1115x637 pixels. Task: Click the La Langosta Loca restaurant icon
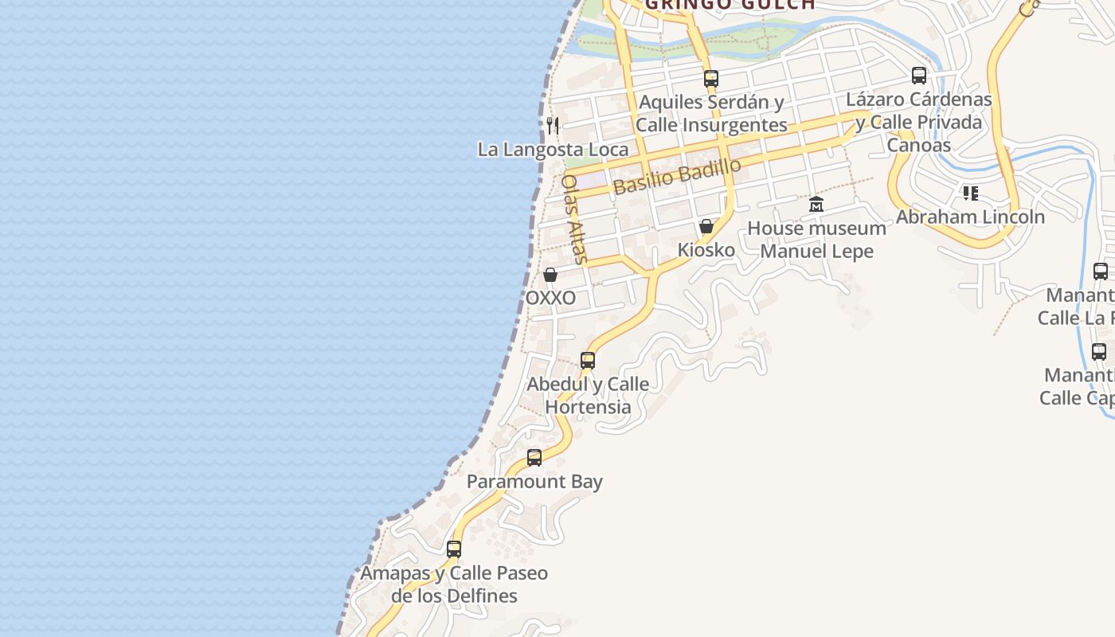click(x=553, y=125)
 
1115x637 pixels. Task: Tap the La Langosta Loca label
click(x=553, y=149)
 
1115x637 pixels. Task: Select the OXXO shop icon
click(x=550, y=275)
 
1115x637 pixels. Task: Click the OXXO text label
click(x=550, y=298)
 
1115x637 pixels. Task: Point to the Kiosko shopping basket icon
click(x=706, y=226)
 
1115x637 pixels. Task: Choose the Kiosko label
click(x=706, y=250)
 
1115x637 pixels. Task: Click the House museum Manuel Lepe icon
click(x=816, y=205)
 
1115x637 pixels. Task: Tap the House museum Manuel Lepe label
click(x=816, y=240)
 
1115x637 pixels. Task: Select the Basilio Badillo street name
click(x=677, y=177)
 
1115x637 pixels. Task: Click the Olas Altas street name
click(x=573, y=218)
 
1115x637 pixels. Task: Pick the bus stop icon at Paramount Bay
click(x=534, y=458)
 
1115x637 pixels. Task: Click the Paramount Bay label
click(x=534, y=482)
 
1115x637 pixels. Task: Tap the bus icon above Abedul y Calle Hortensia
click(x=588, y=360)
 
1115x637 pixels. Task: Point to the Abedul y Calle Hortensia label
click(x=588, y=395)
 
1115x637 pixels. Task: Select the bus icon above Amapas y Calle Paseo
click(x=454, y=549)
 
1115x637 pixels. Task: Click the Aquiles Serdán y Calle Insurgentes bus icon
click(x=711, y=79)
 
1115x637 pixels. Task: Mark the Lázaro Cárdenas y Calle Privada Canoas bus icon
click(x=919, y=76)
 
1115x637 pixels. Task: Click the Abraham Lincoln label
click(x=970, y=217)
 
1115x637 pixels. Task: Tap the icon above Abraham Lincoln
click(x=970, y=193)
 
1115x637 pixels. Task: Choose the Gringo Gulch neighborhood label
click(x=730, y=5)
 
